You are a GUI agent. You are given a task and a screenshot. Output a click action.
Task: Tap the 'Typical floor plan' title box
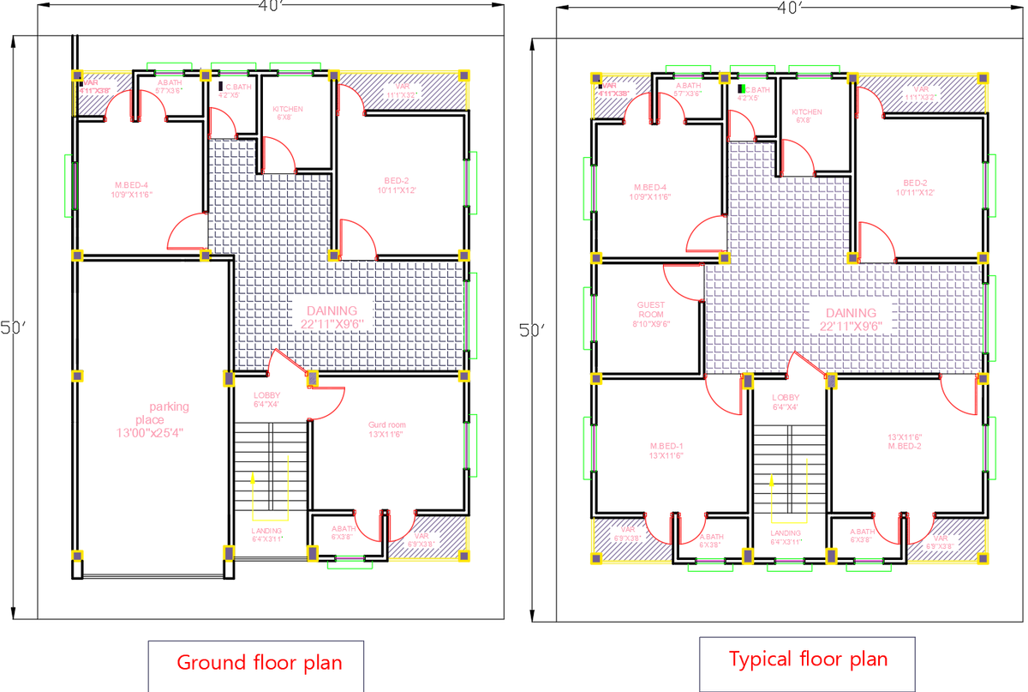pos(808,659)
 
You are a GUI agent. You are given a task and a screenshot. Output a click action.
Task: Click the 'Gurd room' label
pos(387,430)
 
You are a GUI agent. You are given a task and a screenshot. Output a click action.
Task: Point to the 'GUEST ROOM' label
pos(651,314)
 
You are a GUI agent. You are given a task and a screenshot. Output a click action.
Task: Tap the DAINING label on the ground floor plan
pos(332,316)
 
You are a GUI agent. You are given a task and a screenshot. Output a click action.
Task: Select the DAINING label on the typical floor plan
pos(851,319)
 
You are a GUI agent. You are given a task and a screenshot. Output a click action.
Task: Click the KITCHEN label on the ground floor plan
pos(288,113)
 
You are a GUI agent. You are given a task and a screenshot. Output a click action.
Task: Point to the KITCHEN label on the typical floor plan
pos(806,116)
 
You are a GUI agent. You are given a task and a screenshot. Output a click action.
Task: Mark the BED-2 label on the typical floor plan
pos(915,187)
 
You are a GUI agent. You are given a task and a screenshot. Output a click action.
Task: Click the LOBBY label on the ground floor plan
pos(266,400)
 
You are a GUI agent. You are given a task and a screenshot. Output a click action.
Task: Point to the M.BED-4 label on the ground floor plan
pos(132,190)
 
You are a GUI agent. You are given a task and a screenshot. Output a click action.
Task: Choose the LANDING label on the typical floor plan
pos(786,537)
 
